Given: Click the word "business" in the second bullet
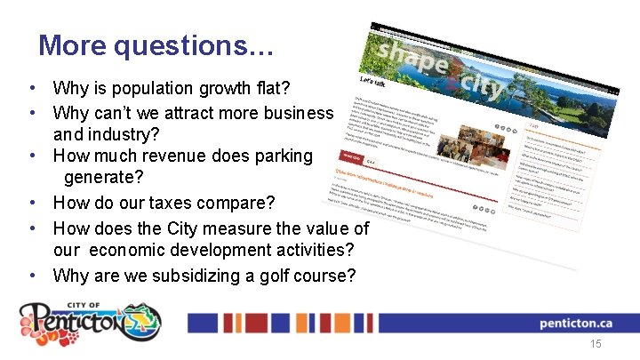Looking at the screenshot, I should (293, 113).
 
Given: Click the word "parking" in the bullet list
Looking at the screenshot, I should (283, 156).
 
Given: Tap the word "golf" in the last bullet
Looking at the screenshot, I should (259, 275).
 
